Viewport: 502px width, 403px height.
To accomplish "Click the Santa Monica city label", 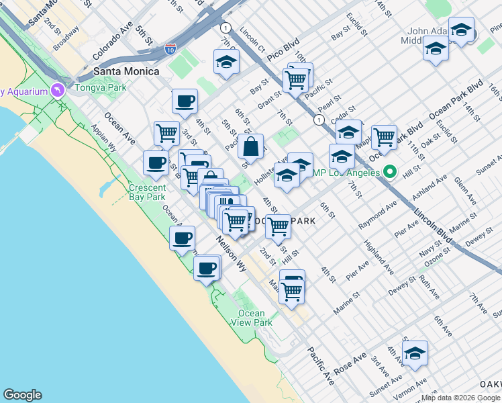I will click(127, 71).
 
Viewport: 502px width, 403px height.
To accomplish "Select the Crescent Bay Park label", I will click(147, 192).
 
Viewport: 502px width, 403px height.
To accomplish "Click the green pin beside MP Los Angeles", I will click(388, 172).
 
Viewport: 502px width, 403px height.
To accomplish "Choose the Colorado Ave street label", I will click(113, 41).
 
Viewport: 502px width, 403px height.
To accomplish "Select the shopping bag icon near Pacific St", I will click(250, 145).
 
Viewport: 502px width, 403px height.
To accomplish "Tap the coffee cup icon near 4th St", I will click(185, 101).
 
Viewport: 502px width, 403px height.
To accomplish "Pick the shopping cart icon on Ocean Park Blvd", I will click(385, 137).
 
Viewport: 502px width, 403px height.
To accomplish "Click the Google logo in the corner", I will click(22, 395).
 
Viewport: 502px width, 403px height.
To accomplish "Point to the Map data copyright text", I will click(461, 398).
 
